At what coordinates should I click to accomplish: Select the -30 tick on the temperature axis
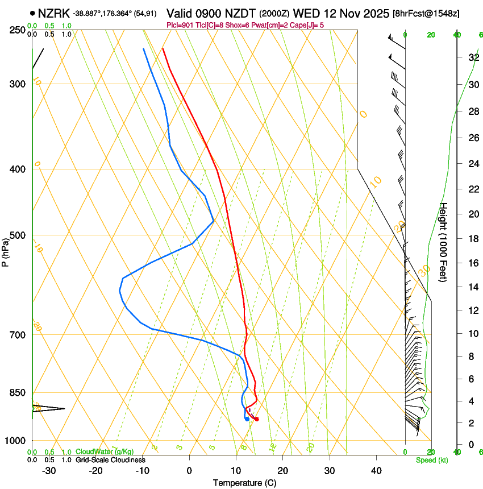49,470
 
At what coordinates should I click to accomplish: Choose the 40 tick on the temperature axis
376,470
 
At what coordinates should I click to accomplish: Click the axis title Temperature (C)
244,483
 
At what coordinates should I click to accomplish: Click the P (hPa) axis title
5,250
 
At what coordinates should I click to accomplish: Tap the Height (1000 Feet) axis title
444,242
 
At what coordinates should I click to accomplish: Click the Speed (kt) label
431,460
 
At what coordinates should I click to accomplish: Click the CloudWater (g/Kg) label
105,452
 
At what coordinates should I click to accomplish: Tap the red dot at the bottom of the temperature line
257,419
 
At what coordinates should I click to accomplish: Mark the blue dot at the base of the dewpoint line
247,420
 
